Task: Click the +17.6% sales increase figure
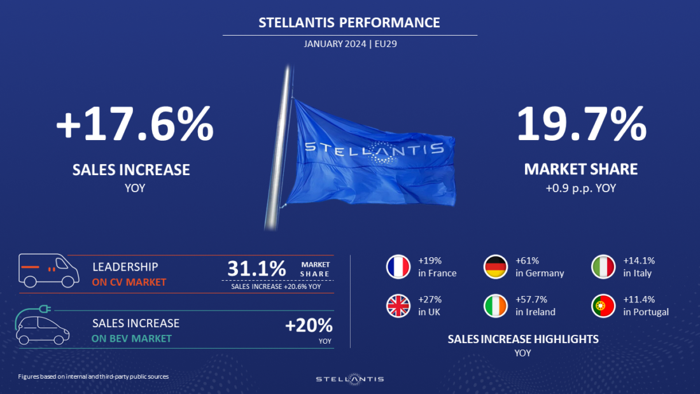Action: tap(134, 125)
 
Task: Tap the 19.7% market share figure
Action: tap(580, 125)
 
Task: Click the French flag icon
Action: tap(398, 267)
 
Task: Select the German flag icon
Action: tap(496, 267)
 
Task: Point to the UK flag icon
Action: tap(398, 306)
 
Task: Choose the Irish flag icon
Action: tap(496, 306)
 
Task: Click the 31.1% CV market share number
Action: tap(256, 269)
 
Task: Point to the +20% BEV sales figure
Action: tap(309, 326)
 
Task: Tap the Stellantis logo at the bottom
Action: tap(350, 379)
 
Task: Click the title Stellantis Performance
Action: tap(349, 23)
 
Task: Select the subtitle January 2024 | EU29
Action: tap(350, 44)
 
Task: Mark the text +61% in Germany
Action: tap(540, 267)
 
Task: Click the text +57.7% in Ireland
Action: tap(535, 306)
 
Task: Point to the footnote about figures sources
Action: tap(93, 377)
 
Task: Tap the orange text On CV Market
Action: tap(129, 282)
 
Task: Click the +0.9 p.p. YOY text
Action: tap(580, 188)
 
